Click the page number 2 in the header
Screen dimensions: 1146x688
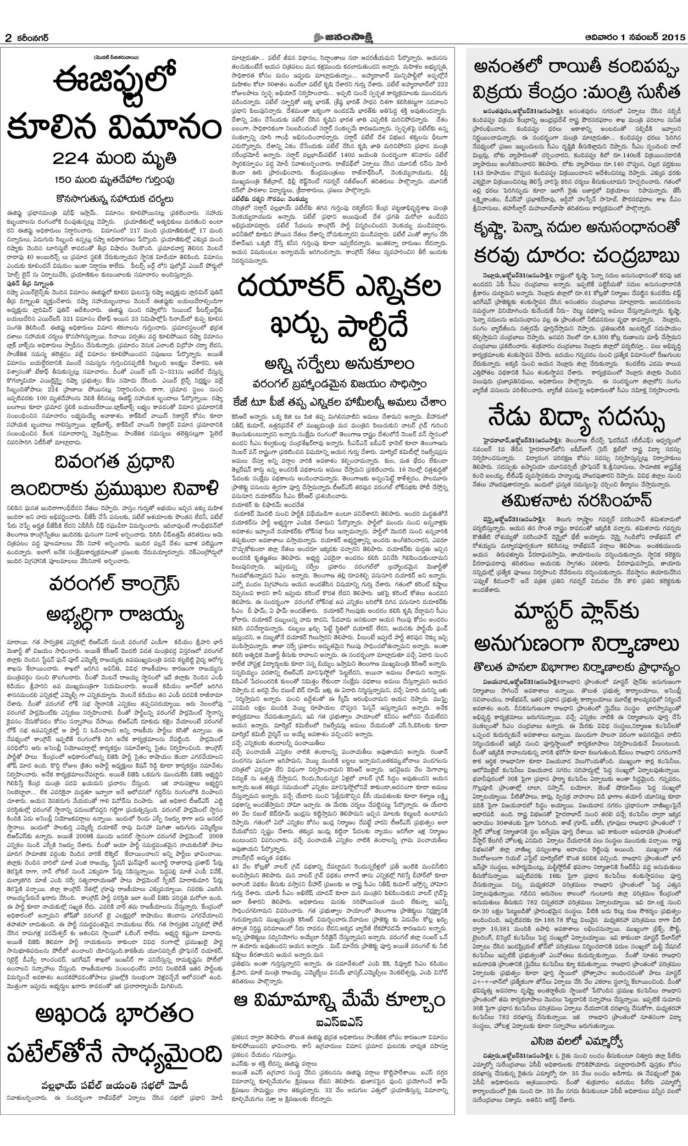click(x=8, y=38)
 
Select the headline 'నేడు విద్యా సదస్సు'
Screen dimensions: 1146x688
click(x=576, y=418)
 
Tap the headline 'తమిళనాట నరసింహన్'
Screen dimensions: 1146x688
click(x=576, y=500)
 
